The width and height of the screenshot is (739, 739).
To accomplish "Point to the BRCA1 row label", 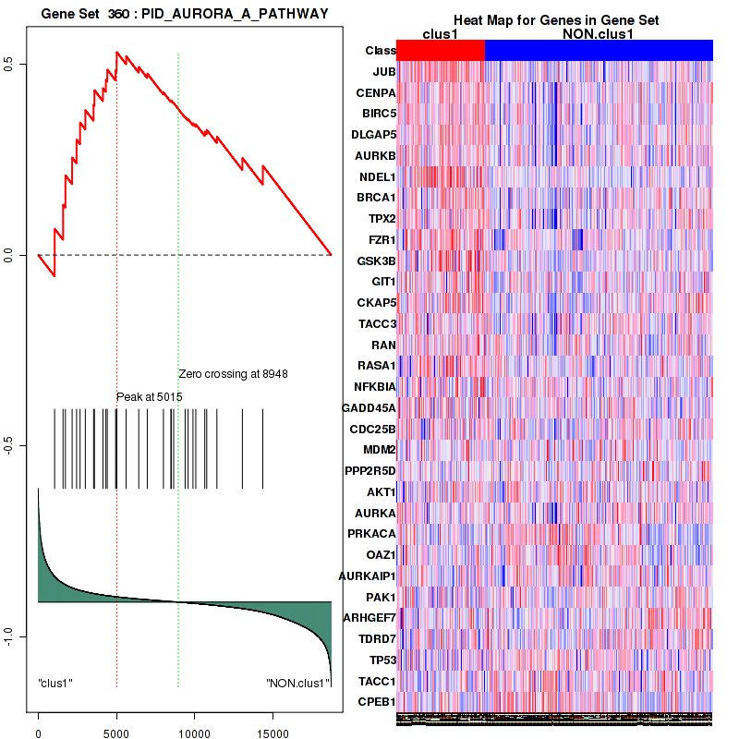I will click(x=376, y=198).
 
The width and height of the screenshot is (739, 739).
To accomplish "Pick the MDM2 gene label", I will click(x=379, y=450).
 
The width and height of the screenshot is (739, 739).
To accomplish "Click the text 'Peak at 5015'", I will click(x=149, y=397).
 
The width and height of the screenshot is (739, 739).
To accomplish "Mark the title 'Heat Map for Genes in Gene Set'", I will click(x=555, y=20).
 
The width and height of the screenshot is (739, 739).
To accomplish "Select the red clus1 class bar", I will click(x=441, y=50).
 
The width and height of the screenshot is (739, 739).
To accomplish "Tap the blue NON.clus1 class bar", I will click(x=599, y=50).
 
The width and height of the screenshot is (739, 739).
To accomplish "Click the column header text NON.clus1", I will click(x=598, y=34).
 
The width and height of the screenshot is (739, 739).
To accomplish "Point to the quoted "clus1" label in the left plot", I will click(x=55, y=683).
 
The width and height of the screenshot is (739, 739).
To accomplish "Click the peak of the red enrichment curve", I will click(x=116, y=53).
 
